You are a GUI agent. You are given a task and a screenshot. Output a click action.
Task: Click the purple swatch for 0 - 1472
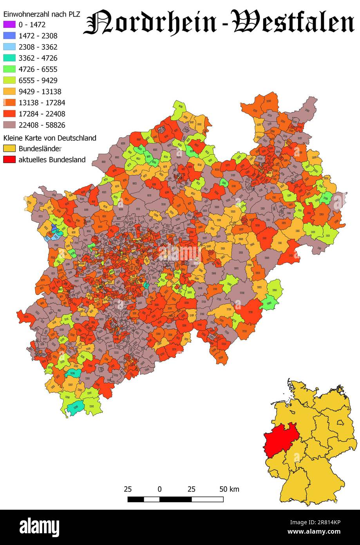(x=9, y=25)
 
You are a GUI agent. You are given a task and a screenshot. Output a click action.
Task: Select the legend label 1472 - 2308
(x=38, y=36)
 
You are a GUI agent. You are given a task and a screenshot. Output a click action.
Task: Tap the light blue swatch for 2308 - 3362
(x=9, y=47)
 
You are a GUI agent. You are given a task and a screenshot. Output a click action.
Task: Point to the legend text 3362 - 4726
(x=38, y=58)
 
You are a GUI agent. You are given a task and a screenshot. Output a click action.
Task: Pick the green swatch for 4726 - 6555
(x=9, y=69)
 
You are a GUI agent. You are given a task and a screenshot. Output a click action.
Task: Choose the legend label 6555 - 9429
(x=38, y=80)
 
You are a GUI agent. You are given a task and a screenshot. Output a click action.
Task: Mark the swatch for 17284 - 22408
(x=9, y=114)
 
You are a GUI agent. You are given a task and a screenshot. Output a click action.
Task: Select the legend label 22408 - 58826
(x=42, y=125)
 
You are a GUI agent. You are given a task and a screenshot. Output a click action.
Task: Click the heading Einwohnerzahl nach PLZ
(x=42, y=14)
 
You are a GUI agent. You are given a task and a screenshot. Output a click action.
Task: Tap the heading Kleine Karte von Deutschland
(x=50, y=138)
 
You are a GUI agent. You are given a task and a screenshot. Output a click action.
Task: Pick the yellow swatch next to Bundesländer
(x=9, y=149)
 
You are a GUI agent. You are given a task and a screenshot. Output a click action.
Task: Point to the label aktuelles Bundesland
(x=52, y=160)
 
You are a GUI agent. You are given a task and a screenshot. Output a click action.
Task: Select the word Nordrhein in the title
(x=150, y=23)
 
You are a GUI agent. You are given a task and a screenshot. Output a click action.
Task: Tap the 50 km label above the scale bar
(x=229, y=489)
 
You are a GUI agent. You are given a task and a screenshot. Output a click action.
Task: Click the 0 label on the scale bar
(x=159, y=489)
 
